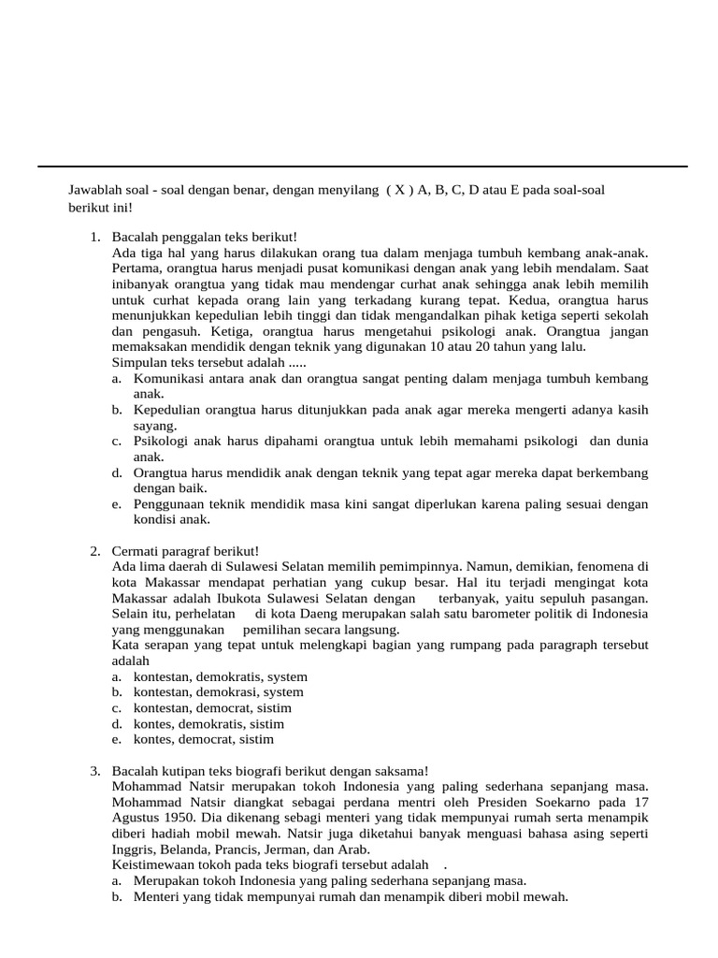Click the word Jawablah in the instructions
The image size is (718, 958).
93,190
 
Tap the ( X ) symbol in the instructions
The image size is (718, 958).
399,190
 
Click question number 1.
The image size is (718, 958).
95,238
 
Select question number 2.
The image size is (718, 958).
95,551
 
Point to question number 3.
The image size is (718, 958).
95,771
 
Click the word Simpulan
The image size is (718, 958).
140,363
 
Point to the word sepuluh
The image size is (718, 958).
538,599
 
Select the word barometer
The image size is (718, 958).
493,614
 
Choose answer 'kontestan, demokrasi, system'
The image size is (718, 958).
218,692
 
